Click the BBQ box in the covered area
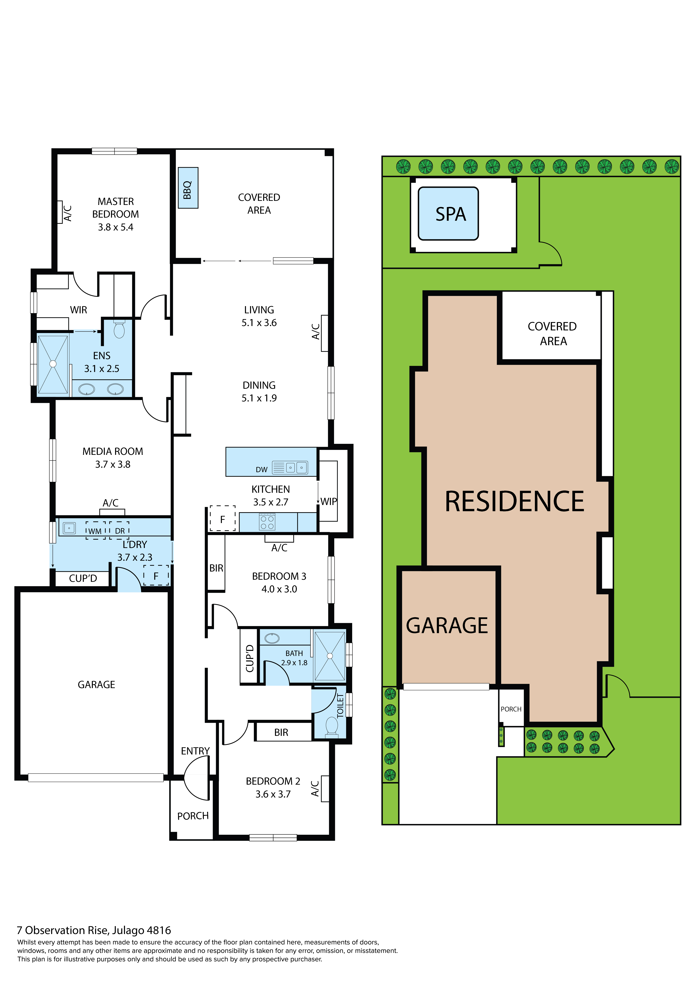point(188,188)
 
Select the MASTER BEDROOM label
point(115,208)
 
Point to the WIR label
point(78,310)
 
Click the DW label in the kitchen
point(261,469)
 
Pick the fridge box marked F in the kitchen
point(223,519)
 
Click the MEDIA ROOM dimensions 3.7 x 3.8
point(113,464)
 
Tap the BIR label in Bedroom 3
point(216,568)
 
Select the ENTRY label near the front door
point(195,751)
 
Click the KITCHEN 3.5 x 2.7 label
point(271,495)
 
